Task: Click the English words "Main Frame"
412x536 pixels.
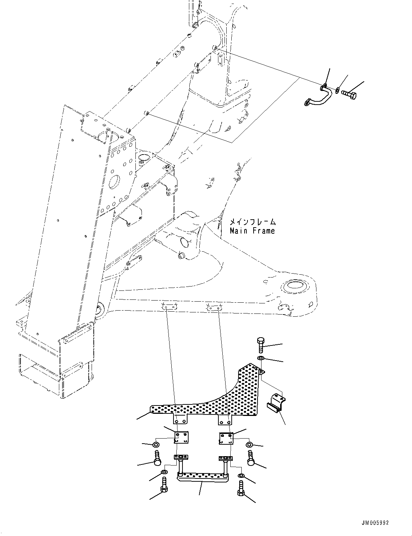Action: (x=252, y=231)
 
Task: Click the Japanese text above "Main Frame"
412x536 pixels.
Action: (x=253, y=222)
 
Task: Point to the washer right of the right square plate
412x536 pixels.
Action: (x=249, y=445)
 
